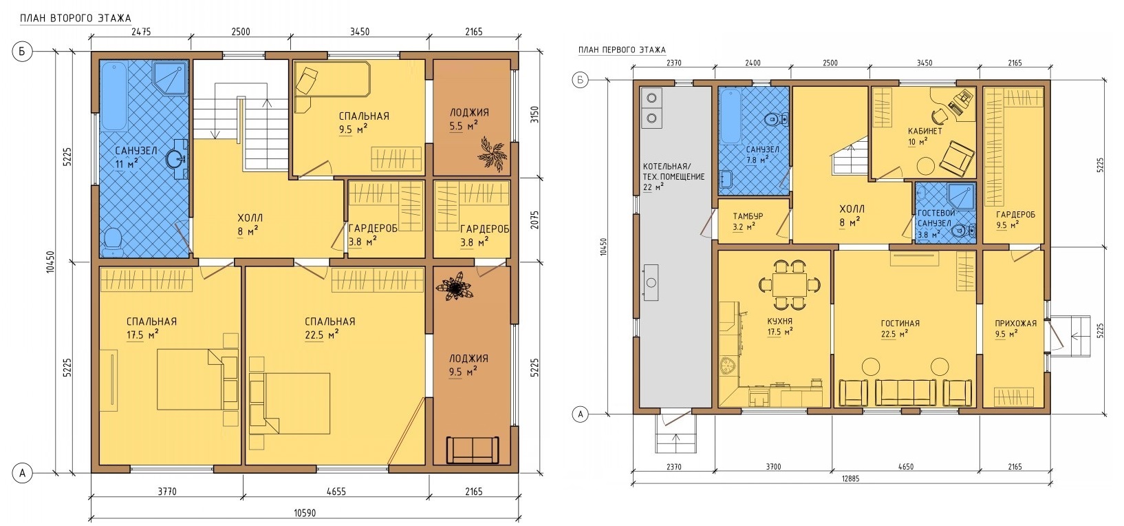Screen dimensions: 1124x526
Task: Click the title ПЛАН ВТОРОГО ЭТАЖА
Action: (x=75, y=19)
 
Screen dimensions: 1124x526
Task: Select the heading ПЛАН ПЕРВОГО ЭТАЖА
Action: (x=623, y=50)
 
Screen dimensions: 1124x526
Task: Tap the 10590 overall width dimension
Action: (x=305, y=513)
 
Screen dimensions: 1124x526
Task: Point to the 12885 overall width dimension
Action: (x=850, y=478)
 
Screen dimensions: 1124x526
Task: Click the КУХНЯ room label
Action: (x=780, y=322)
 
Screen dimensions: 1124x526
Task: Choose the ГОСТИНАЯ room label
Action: (x=900, y=324)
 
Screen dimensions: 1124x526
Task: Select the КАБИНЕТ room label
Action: (x=925, y=131)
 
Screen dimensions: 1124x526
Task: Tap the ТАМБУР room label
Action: (x=748, y=216)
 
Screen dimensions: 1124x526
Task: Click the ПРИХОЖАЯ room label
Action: (x=1015, y=324)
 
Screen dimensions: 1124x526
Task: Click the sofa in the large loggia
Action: (x=473, y=450)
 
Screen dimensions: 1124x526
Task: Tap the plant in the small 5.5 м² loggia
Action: (x=491, y=154)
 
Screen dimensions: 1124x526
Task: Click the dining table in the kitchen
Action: (x=789, y=285)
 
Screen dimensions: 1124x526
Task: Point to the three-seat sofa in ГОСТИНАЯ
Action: (x=905, y=392)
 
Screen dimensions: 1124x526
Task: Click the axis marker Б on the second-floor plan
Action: (x=22, y=52)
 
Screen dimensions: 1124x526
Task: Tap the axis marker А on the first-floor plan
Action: (x=581, y=414)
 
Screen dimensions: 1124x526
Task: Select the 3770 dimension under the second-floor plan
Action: (x=167, y=492)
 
